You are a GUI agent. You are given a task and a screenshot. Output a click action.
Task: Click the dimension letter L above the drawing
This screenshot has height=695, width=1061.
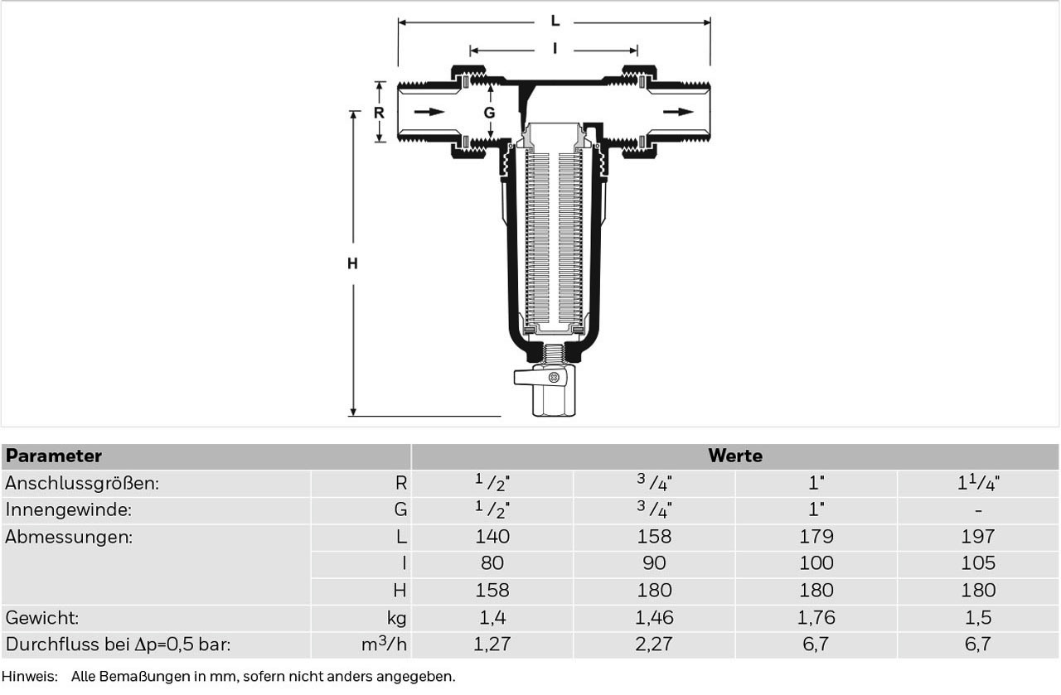(555, 22)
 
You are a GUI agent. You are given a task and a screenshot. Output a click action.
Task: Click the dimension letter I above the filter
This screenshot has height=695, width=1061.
(555, 49)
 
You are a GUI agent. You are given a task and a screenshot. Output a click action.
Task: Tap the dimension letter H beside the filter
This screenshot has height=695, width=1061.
(352, 263)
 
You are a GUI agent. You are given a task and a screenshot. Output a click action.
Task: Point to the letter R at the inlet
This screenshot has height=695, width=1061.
(379, 113)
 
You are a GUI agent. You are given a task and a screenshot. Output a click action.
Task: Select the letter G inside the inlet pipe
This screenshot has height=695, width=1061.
(489, 113)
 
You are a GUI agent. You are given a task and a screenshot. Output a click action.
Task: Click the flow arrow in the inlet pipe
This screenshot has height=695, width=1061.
(429, 112)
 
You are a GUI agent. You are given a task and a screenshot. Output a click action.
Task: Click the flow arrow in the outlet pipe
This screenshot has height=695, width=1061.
(678, 112)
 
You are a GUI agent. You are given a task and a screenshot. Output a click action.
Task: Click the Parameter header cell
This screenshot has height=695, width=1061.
(206, 456)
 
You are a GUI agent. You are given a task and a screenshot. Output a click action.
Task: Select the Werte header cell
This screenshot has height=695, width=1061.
(735, 456)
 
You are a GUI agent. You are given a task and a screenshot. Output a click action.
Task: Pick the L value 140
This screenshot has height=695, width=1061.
(492, 537)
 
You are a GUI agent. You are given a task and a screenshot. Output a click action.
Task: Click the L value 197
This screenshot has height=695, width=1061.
(978, 537)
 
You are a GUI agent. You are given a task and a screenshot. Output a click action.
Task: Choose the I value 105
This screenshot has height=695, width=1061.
(978, 563)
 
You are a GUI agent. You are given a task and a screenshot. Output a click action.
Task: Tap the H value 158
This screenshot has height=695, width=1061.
(492, 591)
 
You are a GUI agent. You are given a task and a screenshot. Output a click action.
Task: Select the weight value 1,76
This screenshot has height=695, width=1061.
(816, 617)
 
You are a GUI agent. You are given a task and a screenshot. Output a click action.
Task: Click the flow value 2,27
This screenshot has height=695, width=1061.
(654, 644)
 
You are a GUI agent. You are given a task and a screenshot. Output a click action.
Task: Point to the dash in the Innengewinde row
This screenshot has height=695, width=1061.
(979, 511)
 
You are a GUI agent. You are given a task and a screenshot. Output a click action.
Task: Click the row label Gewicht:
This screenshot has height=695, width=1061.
(42, 618)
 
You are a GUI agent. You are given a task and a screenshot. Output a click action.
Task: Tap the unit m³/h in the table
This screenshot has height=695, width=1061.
(384, 644)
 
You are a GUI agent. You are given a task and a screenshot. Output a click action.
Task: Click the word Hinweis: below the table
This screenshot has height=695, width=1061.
(29, 677)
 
